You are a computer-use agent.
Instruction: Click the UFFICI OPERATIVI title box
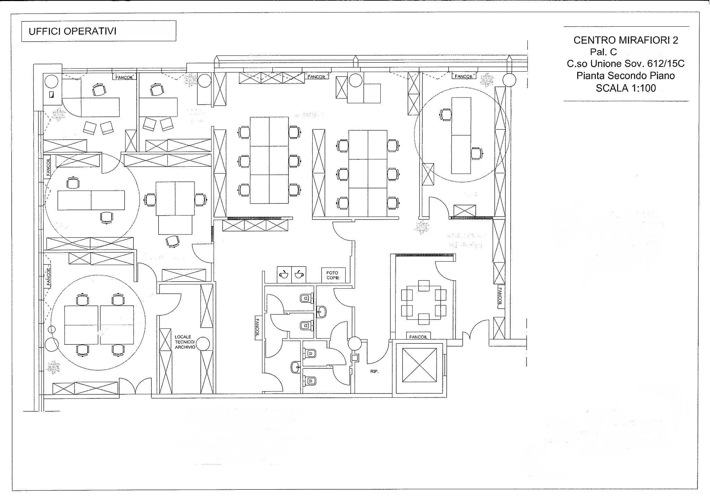pyautogui.click(x=98, y=31)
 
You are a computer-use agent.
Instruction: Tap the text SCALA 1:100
pyautogui.click(x=625, y=88)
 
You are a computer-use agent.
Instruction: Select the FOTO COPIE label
pyautogui.click(x=332, y=275)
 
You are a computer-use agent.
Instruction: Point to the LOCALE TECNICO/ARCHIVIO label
pyautogui.click(x=185, y=342)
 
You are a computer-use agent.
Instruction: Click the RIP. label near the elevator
pyautogui.click(x=374, y=371)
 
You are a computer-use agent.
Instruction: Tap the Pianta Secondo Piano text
pyautogui.click(x=625, y=76)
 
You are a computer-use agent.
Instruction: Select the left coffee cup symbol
pyautogui.click(x=284, y=275)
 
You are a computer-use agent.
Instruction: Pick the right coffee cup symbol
pyautogui.click(x=299, y=275)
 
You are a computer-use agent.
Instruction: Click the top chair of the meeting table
pyautogui.click(x=424, y=285)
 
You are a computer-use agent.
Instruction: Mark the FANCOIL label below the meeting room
pyautogui.click(x=418, y=337)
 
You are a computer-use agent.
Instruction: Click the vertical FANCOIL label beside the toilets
pyautogui.click(x=257, y=328)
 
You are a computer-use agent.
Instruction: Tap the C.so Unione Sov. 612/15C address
pyautogui.click(x=625, y=64)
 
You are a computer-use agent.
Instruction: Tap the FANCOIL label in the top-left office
pyautogui.click(x=124, y=77)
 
